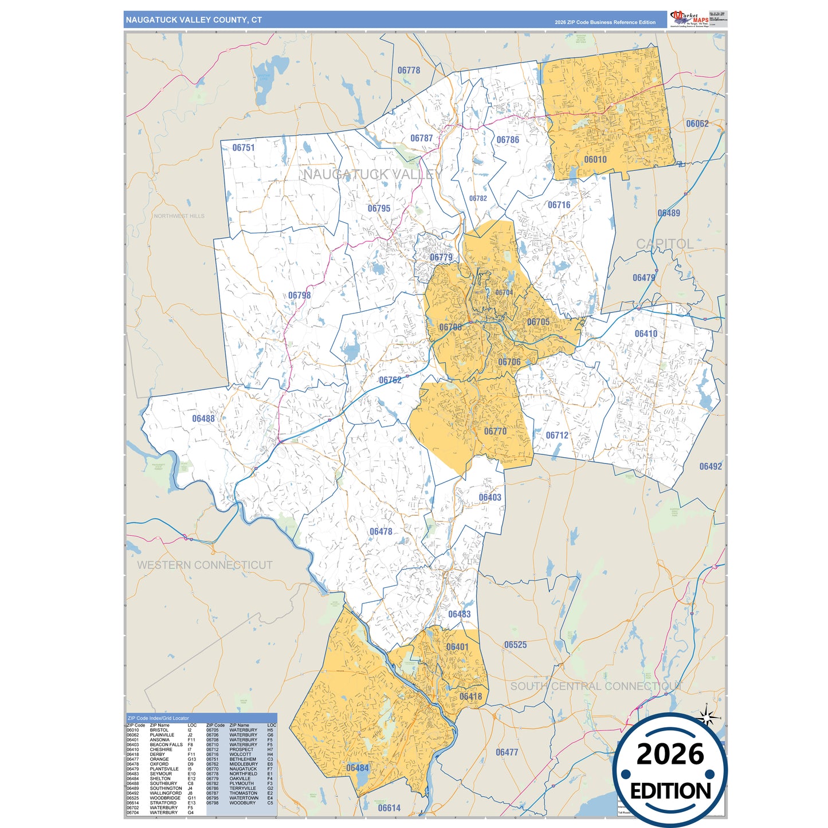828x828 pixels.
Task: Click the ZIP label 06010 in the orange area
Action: click(595, 160)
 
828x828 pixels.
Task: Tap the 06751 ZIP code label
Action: click(244, 148)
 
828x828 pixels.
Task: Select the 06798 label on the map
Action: click(299, 296)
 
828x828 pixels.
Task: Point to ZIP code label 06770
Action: click(495, 431)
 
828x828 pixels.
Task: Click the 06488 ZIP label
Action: click(203, 419)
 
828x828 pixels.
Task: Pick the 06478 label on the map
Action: click(380, 532)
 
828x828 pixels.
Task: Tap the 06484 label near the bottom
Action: click(358, 768)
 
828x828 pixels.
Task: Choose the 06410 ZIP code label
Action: click(646, 333)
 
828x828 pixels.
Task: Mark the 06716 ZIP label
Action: click(559, 205)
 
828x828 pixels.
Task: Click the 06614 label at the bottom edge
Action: click(389, 808)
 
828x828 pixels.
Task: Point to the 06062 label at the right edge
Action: click(697, 124)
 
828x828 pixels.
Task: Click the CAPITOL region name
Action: click(665, 244)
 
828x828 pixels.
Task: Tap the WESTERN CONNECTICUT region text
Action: click(205, 565)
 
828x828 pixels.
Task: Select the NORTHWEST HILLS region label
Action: click(179, 216)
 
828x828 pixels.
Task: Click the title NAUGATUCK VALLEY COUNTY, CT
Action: click(194, 20)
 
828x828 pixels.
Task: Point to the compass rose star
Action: click(707, 717)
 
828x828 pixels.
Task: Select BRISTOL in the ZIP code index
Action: click(159, 730)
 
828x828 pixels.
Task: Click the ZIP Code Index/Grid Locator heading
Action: click(158, 718)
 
